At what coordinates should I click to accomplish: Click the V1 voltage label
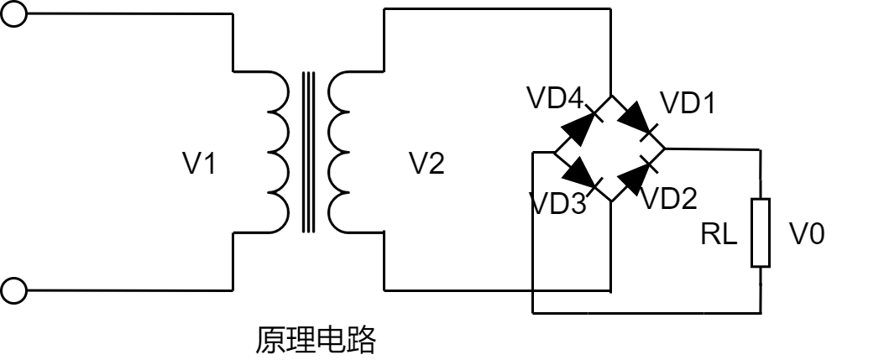pos(200,164)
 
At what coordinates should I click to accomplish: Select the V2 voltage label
pos(426,164)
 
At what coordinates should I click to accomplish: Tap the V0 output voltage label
pos(807,234)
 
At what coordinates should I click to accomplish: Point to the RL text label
pos(719,235)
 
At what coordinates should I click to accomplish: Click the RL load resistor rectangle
pos(761,232)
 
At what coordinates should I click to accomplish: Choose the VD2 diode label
pos(670,198)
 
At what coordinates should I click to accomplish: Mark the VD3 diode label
pos(557,202)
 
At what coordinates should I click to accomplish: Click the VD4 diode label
pos(555,98)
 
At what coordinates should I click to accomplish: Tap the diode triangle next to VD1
pos(636,118)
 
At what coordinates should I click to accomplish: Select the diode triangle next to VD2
pos(637,177)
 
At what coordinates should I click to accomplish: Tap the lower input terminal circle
pos(13,291)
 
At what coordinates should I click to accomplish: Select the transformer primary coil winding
pos(277,150)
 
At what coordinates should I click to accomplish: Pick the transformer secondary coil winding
pos(341,150)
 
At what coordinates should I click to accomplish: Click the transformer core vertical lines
pos(309,151)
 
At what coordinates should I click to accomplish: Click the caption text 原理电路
pos(315,340)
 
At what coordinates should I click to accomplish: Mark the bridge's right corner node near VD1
pos(664,149)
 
